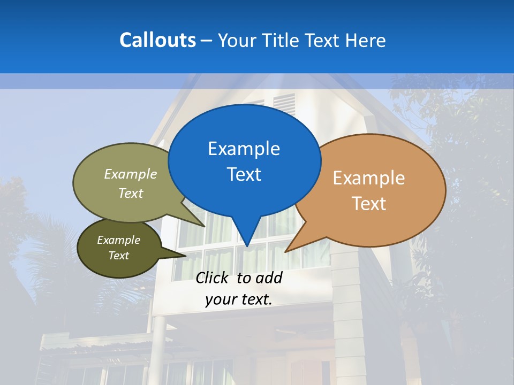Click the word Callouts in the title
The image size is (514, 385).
point(157,40)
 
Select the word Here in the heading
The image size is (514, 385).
point(366,40)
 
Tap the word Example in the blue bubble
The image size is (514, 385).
point(244,149)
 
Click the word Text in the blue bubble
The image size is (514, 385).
point(244,174)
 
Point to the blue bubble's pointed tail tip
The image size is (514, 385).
point(247,246)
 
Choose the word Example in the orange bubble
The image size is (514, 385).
point(369,178)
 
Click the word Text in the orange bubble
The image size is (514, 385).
point(369,204)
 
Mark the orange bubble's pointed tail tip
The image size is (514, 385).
point(285,251)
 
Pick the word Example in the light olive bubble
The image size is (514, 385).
point(131,174)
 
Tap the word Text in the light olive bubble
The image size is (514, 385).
point(131,194)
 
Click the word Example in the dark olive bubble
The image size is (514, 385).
point(118,240)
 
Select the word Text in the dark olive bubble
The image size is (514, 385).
point(118,256)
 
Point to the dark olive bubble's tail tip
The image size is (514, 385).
point(186,256)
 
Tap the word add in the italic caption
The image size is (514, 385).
point(268,278)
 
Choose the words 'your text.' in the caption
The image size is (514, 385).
point(239,299)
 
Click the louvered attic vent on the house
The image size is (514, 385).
point(284,104)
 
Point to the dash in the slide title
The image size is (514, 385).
point(207,41)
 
